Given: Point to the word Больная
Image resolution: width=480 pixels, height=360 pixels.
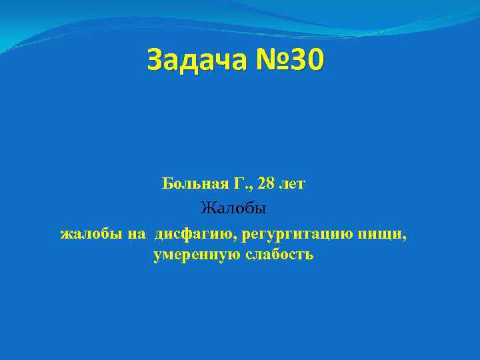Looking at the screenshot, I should pyautogui.click(x=192, y=183).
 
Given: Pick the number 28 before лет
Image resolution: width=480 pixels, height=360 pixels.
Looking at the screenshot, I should pyautogui.click(x=265, y=183).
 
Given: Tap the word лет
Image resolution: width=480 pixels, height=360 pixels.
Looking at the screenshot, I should pyautogui.click(x=293, y=183).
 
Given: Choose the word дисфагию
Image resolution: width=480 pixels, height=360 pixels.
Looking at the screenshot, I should pyautogui.click(x=195, y=234).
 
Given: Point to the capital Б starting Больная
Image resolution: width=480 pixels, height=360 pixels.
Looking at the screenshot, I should pyautogui.click(x=167, y=183).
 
